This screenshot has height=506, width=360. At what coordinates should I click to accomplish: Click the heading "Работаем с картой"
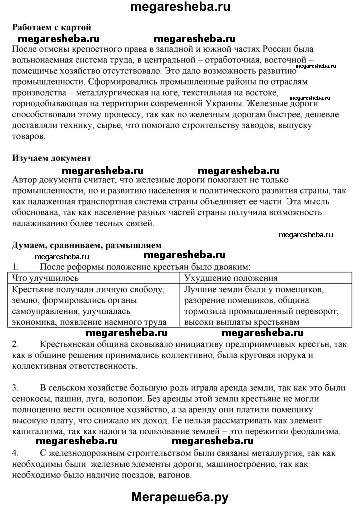(51, 27)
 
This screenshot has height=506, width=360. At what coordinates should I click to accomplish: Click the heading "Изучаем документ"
(51, 158)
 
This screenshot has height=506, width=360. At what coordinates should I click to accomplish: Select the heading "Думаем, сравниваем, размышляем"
(86, 245)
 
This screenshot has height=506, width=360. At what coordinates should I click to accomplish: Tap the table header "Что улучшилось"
(45, 278)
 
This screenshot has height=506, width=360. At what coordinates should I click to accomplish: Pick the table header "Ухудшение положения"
(231, 278)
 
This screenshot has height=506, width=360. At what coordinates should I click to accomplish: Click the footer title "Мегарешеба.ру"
(180, 496)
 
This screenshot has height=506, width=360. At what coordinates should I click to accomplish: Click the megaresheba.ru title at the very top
(180, 7)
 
